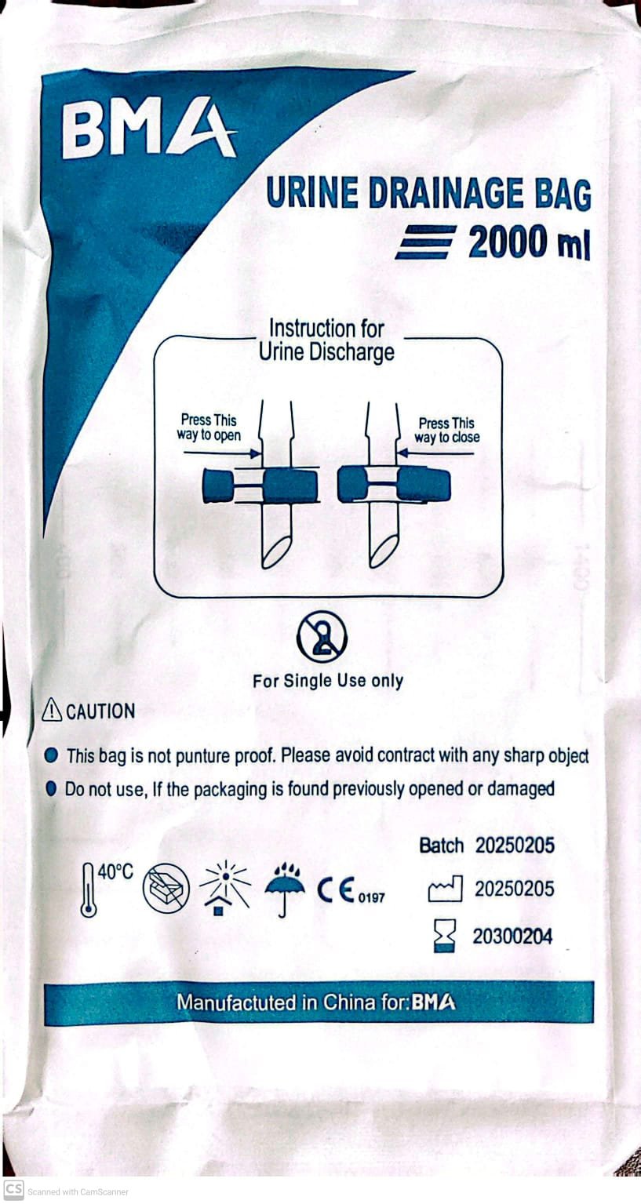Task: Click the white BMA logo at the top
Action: point(149,129)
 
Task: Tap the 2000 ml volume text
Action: point(529,242)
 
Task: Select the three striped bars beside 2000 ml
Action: point(425,242)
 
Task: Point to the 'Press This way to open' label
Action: point(209,427)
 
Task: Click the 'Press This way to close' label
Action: point(447,431)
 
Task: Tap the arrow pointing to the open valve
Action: point(222,453)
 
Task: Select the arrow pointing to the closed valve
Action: point(435,453)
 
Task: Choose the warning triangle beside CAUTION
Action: point(52,710)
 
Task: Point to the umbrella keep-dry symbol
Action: point(285,889)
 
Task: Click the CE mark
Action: point(336,890)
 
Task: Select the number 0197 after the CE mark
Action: point(371,897)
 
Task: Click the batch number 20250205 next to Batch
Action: point(515,846)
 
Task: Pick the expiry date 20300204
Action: point(512,937)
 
